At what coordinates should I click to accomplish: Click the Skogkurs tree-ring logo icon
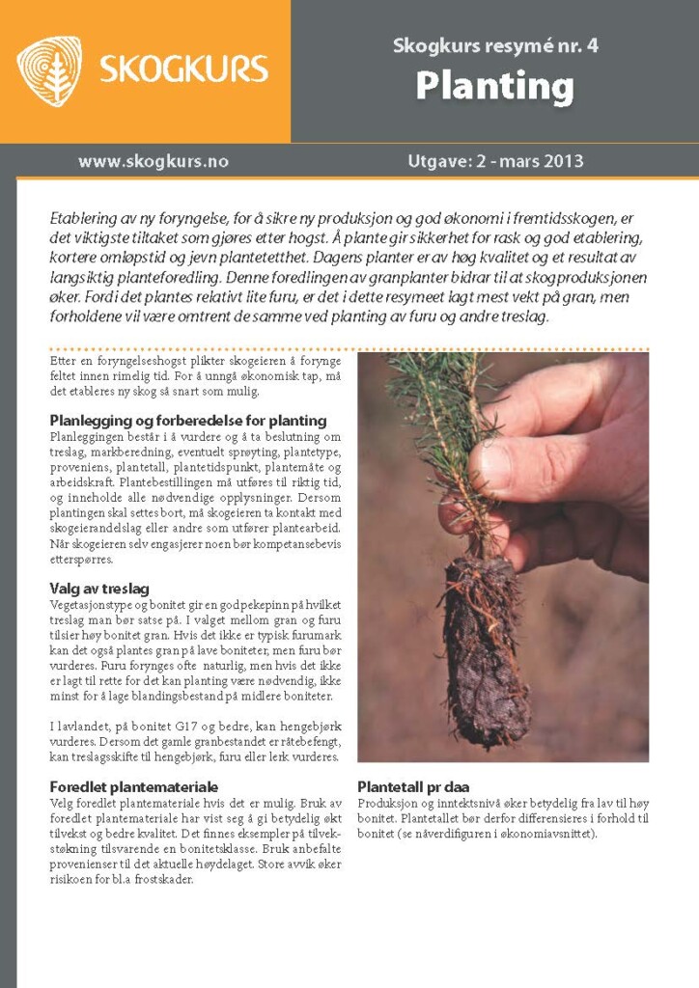49,70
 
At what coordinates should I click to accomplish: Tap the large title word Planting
494,87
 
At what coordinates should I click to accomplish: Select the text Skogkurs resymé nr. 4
494,45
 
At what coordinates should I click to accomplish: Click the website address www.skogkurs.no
154,161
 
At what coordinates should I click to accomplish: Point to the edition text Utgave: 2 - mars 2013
495,161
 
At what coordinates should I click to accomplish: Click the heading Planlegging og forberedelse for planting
187,421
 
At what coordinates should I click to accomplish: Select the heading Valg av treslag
98,589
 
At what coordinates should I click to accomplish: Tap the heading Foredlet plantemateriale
133,787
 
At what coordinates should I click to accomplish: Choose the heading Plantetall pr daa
413,786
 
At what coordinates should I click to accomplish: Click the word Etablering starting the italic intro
84,219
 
